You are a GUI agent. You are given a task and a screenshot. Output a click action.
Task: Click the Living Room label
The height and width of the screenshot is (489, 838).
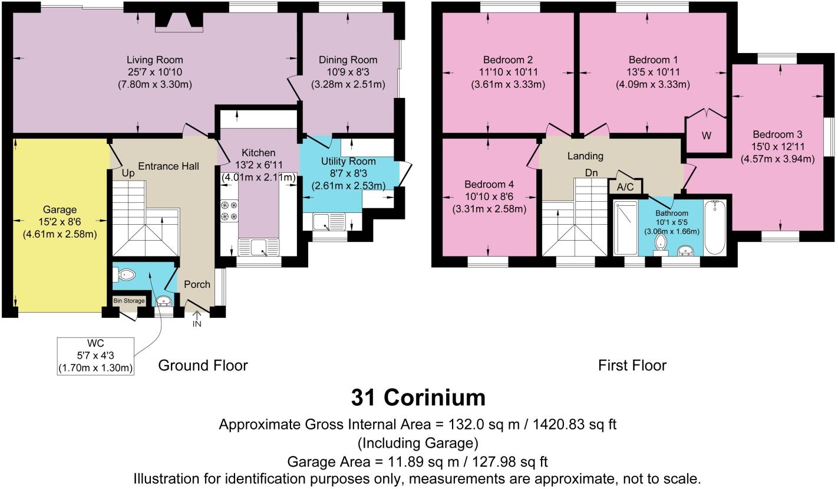(155, 60)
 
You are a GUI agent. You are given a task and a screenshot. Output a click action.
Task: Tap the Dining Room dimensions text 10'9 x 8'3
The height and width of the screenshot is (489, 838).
(348, 72)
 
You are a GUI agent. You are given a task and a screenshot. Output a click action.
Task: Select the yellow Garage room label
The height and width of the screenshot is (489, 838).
(60, 209)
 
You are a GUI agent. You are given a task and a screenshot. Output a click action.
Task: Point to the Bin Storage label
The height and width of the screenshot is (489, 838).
(128, 301)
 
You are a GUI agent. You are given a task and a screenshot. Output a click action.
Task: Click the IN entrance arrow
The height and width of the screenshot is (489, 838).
(196, 320)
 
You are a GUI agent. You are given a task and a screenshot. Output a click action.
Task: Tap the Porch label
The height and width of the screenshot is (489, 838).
(197, 284)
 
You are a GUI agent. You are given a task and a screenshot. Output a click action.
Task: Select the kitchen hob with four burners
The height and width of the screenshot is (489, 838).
(229, 211)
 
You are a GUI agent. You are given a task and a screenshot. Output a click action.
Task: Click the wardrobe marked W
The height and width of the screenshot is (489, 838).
(706, 135)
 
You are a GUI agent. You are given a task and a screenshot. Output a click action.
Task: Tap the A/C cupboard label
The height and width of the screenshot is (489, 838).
(625, 186)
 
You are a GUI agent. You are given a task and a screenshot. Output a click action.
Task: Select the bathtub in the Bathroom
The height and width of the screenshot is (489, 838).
(716, 227)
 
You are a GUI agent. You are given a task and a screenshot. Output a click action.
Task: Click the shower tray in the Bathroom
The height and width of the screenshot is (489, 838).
(626, 227)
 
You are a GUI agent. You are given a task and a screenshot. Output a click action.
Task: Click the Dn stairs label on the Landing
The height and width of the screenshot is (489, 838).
(592, 173)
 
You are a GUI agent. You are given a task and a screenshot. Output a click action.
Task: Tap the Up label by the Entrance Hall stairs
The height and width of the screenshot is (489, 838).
(128, 174)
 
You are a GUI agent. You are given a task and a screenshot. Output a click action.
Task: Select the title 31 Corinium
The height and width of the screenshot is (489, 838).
(418, 398)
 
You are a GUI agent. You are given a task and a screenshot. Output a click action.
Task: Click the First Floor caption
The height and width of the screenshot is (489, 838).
(632, 366)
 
